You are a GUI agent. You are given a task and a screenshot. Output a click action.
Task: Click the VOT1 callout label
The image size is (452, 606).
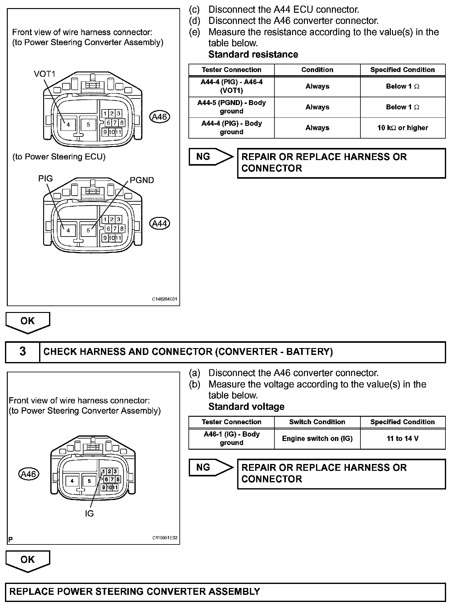click(44, 74)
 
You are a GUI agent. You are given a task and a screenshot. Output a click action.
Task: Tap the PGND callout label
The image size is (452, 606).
click(142, 180)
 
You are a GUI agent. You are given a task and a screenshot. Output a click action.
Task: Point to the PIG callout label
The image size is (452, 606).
click(45, 179)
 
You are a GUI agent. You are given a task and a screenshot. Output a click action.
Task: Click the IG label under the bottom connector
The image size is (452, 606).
click(89, 514)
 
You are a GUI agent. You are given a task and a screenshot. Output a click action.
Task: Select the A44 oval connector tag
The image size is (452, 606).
click(160, 223)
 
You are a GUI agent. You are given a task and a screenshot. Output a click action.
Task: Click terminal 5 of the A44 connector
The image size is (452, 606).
click(88, 230)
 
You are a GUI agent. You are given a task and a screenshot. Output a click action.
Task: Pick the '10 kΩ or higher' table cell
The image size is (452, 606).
click(403, 128)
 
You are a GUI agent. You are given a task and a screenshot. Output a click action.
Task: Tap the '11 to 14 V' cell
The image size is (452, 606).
click(403, 438)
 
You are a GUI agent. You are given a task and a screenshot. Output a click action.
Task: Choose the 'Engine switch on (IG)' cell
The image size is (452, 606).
click(317, 438)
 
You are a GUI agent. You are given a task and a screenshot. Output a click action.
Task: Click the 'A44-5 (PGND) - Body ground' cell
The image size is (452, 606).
click(232, 107)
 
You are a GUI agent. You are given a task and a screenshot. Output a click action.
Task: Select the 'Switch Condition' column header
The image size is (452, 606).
click(317, 422)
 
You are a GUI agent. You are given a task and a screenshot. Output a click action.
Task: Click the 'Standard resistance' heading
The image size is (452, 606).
click(253, 54)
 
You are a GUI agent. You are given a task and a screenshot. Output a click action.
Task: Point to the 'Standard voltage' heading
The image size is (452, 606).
click(246, 406)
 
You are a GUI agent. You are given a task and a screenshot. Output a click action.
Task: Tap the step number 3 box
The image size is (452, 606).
click(23, 351)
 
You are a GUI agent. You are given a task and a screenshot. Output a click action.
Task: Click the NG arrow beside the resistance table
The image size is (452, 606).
click(210, 157)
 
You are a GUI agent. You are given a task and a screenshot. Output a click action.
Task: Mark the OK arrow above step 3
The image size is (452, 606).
click(28, 322)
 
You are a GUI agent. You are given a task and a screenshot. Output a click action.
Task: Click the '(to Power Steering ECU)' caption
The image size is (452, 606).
click(59, 157)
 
